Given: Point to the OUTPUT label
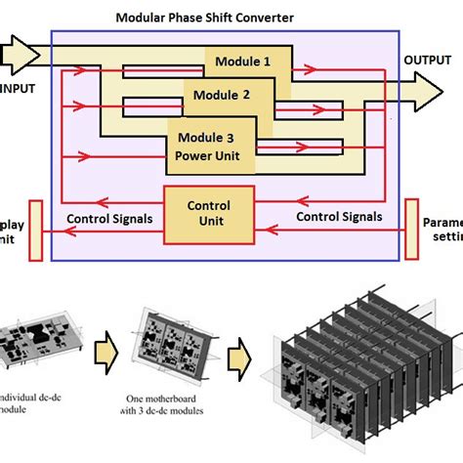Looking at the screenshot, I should [x=429, y=59].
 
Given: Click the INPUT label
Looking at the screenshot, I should [x=17, y=89].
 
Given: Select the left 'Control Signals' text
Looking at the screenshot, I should [x=108, y=219].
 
